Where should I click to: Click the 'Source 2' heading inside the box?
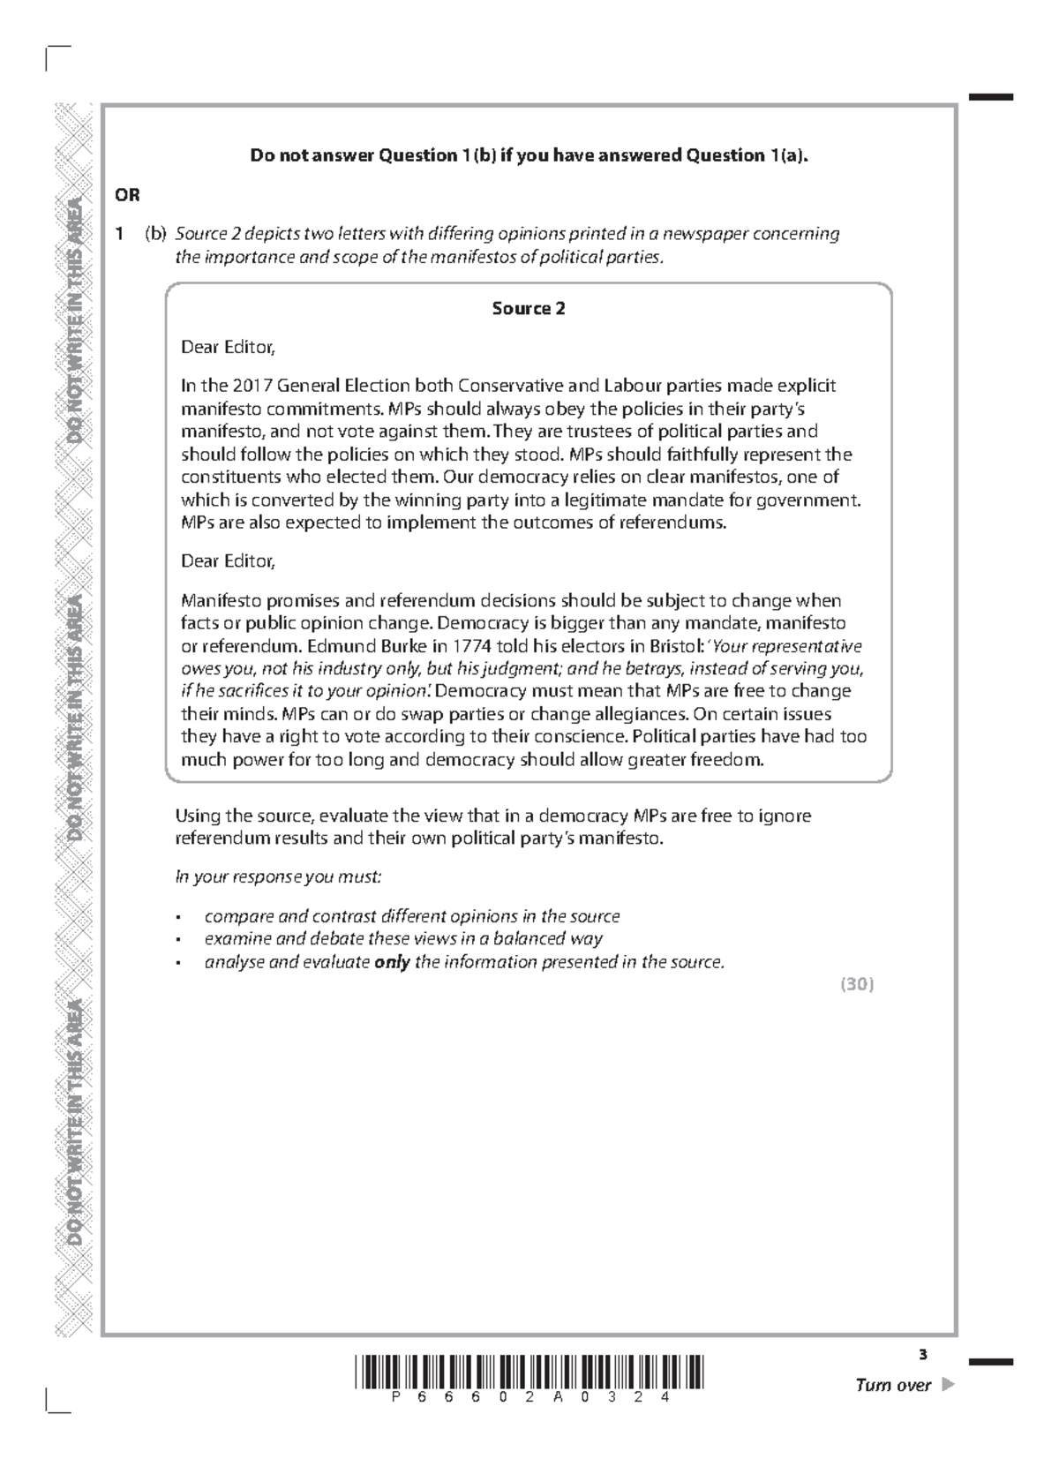(528, 308)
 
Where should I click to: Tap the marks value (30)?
(857, 985)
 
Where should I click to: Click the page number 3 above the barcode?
(923, 1355)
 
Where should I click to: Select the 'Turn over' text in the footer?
(893, 1385)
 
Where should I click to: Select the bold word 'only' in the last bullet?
(392, 962)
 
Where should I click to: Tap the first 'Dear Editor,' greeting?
(228, 347)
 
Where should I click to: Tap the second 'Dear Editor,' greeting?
(228, 560)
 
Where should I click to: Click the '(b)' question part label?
(156, 234)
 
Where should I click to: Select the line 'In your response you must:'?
(278, 877)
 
